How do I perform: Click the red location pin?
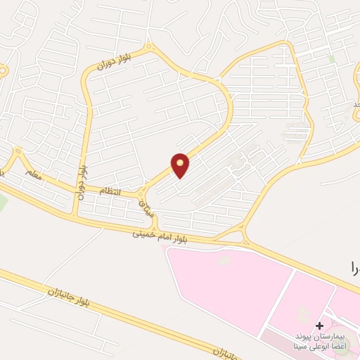click(x=181, y=165)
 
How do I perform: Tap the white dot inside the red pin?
click(x=181, y=163)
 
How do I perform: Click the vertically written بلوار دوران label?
click(x=82, y=181)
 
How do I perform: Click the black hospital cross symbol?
click(x=320, y=326)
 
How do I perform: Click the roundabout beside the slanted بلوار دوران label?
click(x=148, y=48)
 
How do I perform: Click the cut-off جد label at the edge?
click(x=356, y=105)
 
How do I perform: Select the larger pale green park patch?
click(x=3, y=204)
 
